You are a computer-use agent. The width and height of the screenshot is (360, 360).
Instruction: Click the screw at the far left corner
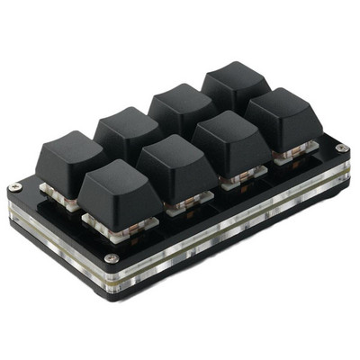point(14,188)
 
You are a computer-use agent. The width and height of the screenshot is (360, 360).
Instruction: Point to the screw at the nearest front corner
point(110,258)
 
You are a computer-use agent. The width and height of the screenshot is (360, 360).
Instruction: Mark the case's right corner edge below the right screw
point(345,180)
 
